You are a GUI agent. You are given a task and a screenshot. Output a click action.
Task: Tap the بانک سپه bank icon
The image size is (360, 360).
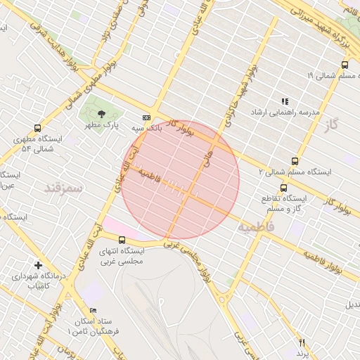[146, 117]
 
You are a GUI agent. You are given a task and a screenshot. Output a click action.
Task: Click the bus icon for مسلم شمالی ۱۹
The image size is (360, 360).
[344, 65]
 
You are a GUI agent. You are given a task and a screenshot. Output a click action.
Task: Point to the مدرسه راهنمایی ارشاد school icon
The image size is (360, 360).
[285, 101]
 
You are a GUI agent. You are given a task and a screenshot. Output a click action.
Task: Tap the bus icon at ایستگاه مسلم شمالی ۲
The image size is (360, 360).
[294, 160]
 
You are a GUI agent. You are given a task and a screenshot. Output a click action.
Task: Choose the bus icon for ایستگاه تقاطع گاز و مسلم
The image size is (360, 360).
[283, 188]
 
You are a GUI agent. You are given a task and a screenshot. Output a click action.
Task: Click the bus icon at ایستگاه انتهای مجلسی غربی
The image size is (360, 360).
[122, 240]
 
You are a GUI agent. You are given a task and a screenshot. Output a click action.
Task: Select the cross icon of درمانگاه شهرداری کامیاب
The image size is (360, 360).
[38, 265]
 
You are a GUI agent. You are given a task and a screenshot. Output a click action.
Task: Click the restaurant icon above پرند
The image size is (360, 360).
[302, 342]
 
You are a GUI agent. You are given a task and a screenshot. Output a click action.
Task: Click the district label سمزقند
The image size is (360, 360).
[63, 188]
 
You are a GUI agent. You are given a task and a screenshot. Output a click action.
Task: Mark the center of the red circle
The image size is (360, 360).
[180, 180]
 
